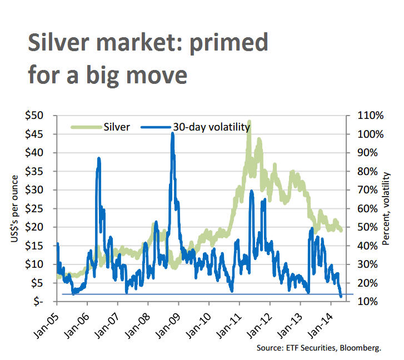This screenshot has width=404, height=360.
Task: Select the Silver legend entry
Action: tap(117, 127)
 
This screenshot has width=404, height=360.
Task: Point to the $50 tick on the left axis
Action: tap(38, 116)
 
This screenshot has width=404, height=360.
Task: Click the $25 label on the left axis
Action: tap(38, 208)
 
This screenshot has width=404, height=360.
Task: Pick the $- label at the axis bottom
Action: tap(41, 301)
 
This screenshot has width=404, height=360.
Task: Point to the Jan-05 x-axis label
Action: tap(47, 320)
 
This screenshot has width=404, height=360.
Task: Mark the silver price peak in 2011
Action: tap(250, 121)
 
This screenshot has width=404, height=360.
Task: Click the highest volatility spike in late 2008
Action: tap(172, 134)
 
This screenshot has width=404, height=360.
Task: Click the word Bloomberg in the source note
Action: tap(362, 348)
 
